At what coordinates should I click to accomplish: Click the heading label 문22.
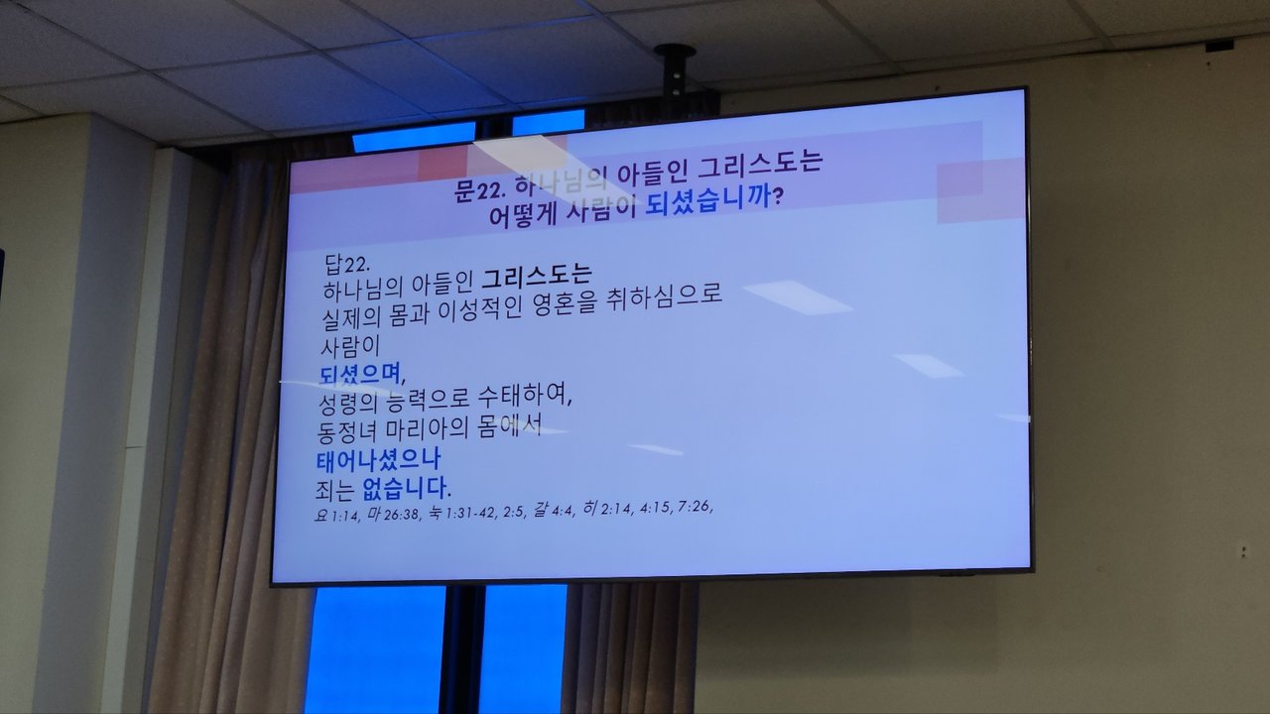479,190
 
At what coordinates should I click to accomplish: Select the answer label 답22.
347,264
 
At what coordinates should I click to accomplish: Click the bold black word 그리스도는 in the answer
537,275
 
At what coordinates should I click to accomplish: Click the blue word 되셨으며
362,374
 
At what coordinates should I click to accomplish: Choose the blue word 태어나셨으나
378,459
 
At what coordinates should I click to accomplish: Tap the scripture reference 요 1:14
336,515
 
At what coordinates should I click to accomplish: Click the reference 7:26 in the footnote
696,506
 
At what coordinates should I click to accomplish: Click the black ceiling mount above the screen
675,69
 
